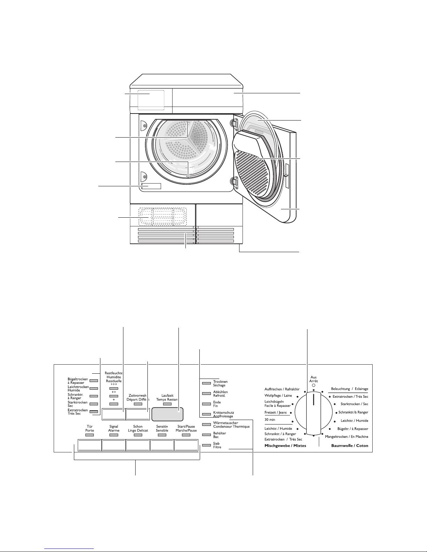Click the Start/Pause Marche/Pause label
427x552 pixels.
coord(186,428)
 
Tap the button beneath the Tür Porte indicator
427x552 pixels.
coord(90,445)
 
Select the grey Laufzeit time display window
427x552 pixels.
coord(167,414)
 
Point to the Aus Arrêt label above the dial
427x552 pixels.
coord(313,379)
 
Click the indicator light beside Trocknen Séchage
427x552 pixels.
coord(206,383)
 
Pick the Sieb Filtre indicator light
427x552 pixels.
coord(206,445)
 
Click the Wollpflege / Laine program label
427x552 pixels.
coord(278,396)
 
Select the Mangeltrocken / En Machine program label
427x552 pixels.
coord(346,437)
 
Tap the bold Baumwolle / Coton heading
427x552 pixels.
coord(350,445)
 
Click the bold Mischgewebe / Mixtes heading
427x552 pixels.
coord(285,445)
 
